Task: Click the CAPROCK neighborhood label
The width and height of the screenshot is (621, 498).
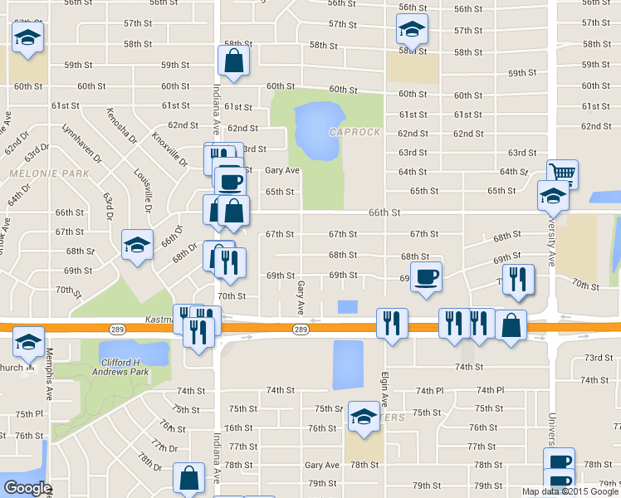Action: [x=355, y=132]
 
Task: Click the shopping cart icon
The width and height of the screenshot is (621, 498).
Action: [x=563, y=173]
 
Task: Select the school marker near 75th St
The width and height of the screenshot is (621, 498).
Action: [x=363, y=417]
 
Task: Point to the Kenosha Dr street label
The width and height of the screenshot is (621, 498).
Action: [x=120, y=126]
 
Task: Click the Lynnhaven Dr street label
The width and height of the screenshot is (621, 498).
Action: [x=81, y=143]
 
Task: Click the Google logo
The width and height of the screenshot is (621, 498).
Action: [x=27, y=488]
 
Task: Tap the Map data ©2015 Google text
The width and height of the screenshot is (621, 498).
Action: [x=570, y=491]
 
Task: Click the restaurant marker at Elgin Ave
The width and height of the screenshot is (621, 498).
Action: [x=392, y=323]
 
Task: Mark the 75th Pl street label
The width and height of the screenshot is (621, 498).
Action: [x=28, y=413]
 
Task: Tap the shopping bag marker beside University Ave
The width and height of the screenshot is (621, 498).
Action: [x=511, y=325]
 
